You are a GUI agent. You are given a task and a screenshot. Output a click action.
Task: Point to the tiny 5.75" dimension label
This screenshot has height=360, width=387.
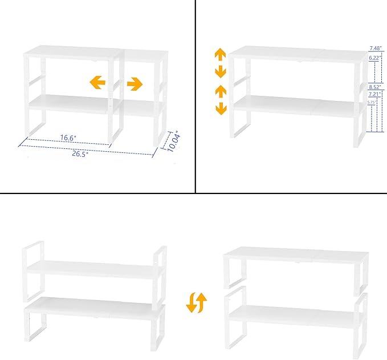(x=372, y=102)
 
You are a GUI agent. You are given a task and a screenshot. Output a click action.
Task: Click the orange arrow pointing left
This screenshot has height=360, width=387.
(x=98, y=83)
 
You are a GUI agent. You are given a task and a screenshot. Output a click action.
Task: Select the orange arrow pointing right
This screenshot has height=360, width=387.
(x=135, y=84)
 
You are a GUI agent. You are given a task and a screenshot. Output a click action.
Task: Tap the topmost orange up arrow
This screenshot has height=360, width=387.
(x=219, y=55)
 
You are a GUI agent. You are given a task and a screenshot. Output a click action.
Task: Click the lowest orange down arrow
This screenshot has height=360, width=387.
(x=219, y=108)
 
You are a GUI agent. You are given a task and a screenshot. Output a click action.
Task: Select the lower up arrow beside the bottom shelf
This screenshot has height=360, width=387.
(x=219, y=91)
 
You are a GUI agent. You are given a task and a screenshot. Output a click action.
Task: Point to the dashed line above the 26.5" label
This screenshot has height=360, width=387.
(x=85, y=149)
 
